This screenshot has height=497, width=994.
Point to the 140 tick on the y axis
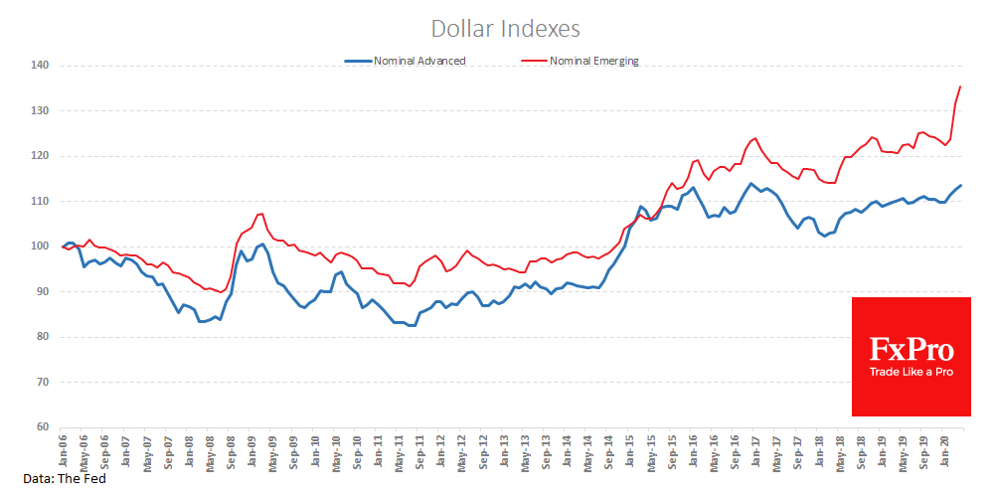pos(42,66)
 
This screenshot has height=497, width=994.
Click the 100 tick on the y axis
pos(42,247)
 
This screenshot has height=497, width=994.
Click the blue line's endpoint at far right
pos(961,185)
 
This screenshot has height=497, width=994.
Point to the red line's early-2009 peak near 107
pos(261,213)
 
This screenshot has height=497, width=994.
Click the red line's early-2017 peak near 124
pos(755,138)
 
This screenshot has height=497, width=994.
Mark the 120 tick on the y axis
pos(42,156)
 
